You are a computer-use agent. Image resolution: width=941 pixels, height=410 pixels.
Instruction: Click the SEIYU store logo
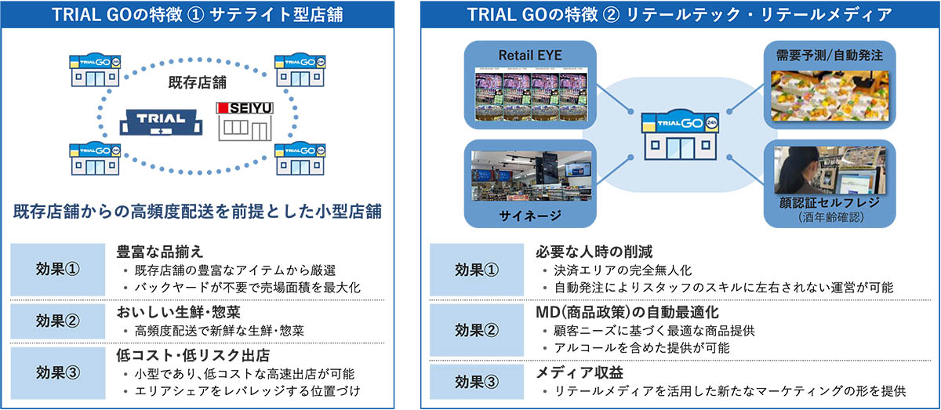point(245,108)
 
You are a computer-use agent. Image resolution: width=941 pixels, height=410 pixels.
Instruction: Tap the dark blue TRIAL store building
point(161,122)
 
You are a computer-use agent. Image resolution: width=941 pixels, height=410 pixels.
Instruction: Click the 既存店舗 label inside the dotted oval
point(197,82)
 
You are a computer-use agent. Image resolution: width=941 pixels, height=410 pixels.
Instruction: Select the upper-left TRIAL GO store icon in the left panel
point(96,70)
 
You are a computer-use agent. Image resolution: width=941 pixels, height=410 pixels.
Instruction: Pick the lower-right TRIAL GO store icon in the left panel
point(300,158)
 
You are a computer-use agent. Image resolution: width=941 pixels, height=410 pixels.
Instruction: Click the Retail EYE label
point(530,56)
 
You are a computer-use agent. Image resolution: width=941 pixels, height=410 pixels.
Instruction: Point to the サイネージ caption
point(530,216)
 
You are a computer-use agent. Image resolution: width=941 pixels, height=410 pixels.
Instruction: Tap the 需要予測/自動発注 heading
point(830,56)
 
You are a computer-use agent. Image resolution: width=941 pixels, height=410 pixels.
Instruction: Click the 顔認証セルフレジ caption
point(830,203)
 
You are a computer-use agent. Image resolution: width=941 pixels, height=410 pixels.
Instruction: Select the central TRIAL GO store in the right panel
point(680,135)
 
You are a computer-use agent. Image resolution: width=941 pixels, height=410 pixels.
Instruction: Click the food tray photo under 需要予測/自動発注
point(830,96)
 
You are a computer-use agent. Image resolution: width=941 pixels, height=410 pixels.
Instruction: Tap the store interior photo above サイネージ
point(532,176)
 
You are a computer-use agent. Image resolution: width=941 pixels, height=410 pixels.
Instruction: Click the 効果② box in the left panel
point(57,321)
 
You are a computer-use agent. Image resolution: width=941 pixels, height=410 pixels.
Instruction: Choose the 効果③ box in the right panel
point(477,382)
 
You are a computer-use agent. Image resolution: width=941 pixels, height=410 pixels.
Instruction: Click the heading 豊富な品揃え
point(160,252)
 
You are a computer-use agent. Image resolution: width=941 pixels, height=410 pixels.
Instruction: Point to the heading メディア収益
point(579,372)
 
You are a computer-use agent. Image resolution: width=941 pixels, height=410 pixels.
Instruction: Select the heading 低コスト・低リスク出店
point(193,355)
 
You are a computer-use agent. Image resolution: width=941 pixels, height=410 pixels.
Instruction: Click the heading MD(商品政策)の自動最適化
point(627,312)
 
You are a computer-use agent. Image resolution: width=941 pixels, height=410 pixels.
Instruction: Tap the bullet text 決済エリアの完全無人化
point(623,270)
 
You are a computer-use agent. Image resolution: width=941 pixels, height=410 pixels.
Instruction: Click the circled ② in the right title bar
point(611,15)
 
